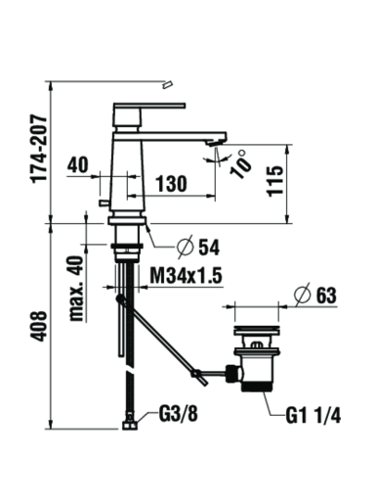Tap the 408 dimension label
pyautogui.click(x=40, y=326)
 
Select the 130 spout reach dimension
pyautogui.click(x=172, y=184)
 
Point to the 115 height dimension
pyautogui.click(x=275, y=181)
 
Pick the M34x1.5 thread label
pyautogui.click(x=186, y=276)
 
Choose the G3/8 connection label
pyautogui.click(x=179, y=414)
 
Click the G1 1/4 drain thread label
pyautogui.click(x=313, y=416)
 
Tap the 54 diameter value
pyautogui.click(x=209, y=248)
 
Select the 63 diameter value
pyautogui.click(x=326, y=296)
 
